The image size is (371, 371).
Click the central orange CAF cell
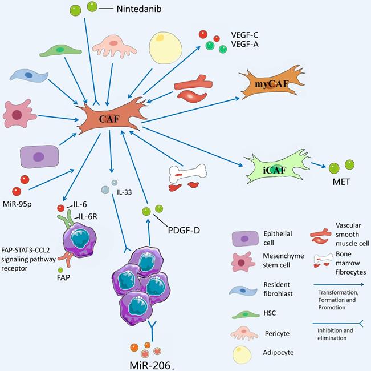[109, 118]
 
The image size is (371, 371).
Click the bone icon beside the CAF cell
[186, 171]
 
